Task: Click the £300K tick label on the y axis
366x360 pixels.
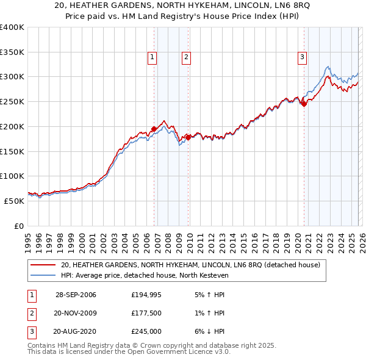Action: [x=12, y=77]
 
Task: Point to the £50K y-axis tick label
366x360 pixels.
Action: [x=14, y=201]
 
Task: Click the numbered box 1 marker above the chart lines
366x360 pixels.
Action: [x=152, y=58]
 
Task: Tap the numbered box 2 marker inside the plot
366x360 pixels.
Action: [x=185, y=58]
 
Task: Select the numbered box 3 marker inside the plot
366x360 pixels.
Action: [x=302, y=58]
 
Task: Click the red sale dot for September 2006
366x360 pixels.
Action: [x=154, y=129]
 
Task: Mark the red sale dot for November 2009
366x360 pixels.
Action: [x=188, y=137]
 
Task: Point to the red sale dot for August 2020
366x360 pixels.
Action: [x=304, y=104]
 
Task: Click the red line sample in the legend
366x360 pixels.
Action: [x=43, y=265]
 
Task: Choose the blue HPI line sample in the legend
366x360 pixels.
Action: [x=43, y=275]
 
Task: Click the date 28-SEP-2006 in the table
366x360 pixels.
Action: [x=76, y=295]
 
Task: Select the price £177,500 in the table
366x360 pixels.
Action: [x=146, y=313]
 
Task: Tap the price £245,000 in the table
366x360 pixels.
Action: [x=146, y=332]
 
